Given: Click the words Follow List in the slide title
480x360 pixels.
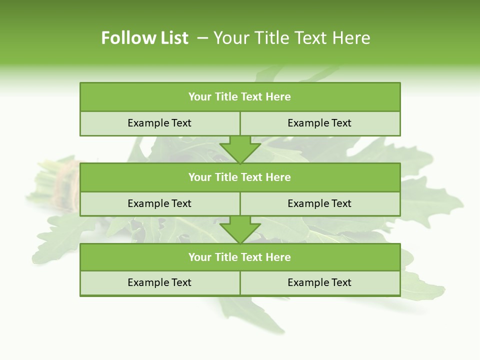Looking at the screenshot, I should (144, 38).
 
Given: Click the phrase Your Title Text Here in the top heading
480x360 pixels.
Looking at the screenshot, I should (292, 38).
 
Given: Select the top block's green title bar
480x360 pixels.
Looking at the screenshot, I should (240, 97).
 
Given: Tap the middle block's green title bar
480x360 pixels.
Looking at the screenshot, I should (240, 177).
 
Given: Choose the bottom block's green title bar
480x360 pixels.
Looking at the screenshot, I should (240, 257).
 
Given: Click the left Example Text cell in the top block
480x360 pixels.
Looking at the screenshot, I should (159, 123).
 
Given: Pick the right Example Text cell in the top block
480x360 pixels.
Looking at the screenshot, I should (319, 123).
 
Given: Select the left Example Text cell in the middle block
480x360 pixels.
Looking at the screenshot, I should (159, 203).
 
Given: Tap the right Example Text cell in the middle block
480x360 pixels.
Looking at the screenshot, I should (319, 203).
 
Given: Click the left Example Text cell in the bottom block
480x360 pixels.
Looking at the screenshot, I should (159, 282).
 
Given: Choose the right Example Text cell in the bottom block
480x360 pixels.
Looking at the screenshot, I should (319, 282).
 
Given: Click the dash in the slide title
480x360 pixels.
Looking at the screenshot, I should (202, 38).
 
